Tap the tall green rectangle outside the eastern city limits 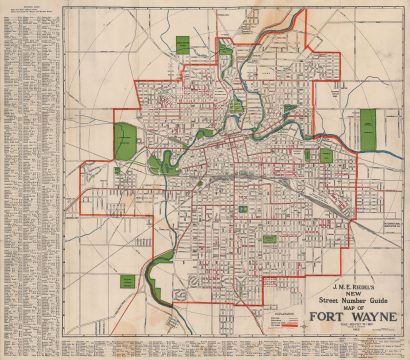pos(367,126)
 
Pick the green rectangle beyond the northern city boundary pos(183,45)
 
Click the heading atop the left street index pos(30,9)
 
